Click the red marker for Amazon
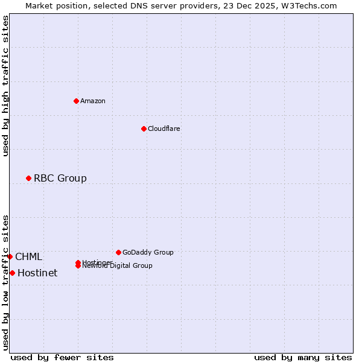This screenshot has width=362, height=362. pyautogui.click(x=76, y=101)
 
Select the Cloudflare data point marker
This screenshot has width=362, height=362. pyautogui.click(x=144, y=129)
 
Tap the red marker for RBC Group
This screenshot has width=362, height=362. pyautogui.click(x=28, y=178)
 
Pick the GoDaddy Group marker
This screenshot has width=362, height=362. pyautogui.click(x=118, y=252)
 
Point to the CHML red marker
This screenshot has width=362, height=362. pyautogui.click(x=10, y=256)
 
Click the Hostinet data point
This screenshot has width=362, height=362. pyautogui.click(x=12, y=273)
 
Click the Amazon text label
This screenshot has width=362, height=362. pyautogui.click(x=93, y=101)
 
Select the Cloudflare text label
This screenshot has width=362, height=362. pyautogui.click(x=164, y=129)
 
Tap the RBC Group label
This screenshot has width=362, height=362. pyautogui.click(x=60, y=178)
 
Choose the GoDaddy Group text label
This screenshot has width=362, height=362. pyautogui.click(x=148, y=252)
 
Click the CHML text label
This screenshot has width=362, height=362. pyautogui.click(x=29, y=256)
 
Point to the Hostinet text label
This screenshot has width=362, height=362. pyautogui.click(x=37, y=273)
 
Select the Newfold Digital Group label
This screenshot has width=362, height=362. pyautogui.click(x=118, y=266)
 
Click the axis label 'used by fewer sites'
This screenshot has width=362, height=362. pyautogui.click(x=62, y=357)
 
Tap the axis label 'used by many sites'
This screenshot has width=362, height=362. pyautogui.click(x=303, y=357)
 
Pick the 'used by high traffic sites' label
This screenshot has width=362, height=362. pyautogui.click(x=6, y=86)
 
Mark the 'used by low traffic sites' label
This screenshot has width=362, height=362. pyautogui.click(x=6, y=282)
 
